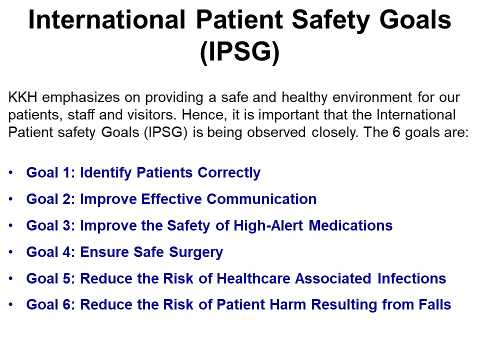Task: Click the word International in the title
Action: click(107, 19)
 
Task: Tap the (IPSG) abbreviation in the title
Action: click(239, 51)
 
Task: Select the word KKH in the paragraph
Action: click(22, 97)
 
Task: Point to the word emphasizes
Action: click(81, 97)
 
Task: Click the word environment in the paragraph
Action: click(372, 97)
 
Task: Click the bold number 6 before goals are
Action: click(396, 132)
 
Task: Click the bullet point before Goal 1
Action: click(11, 172)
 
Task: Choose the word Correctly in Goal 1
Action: click(229, 173)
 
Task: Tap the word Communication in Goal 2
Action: click(261, 199)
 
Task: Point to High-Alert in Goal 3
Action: click(268, 225)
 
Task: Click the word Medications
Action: click(350, 225)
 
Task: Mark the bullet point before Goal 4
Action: click(11, 252)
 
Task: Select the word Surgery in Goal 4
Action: click(196, 252)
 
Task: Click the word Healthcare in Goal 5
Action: click(253, 278)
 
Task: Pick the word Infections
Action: click(411, 278)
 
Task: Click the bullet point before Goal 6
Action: click(11, 305)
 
